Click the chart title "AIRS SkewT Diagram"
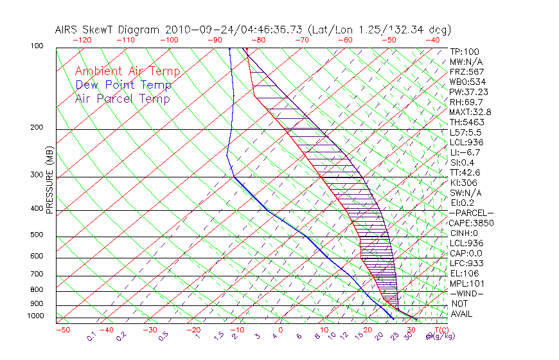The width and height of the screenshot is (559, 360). tap(109, 30)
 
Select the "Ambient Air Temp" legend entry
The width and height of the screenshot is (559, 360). tap(127, 71)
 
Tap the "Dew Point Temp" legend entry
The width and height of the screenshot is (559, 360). tap(123, 85)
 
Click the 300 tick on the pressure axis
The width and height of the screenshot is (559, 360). tap(38, 175)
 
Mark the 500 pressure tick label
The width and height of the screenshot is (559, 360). tap(38, 235)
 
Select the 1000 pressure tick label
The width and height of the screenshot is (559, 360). tap(37, 316)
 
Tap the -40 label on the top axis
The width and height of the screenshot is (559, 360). tap(432, 40)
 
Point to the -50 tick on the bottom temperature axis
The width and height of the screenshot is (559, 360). tap(63, 330)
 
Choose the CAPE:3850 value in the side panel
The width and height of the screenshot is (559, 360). tap(470, 223)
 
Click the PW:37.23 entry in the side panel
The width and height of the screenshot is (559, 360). tap(468, 92)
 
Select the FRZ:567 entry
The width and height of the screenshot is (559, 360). tap(467, 72)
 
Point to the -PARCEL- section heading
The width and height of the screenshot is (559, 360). tap(472, 213)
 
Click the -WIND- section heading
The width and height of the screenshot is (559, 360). tap(467, 293)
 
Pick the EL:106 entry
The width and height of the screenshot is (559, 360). tap(465, 273)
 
